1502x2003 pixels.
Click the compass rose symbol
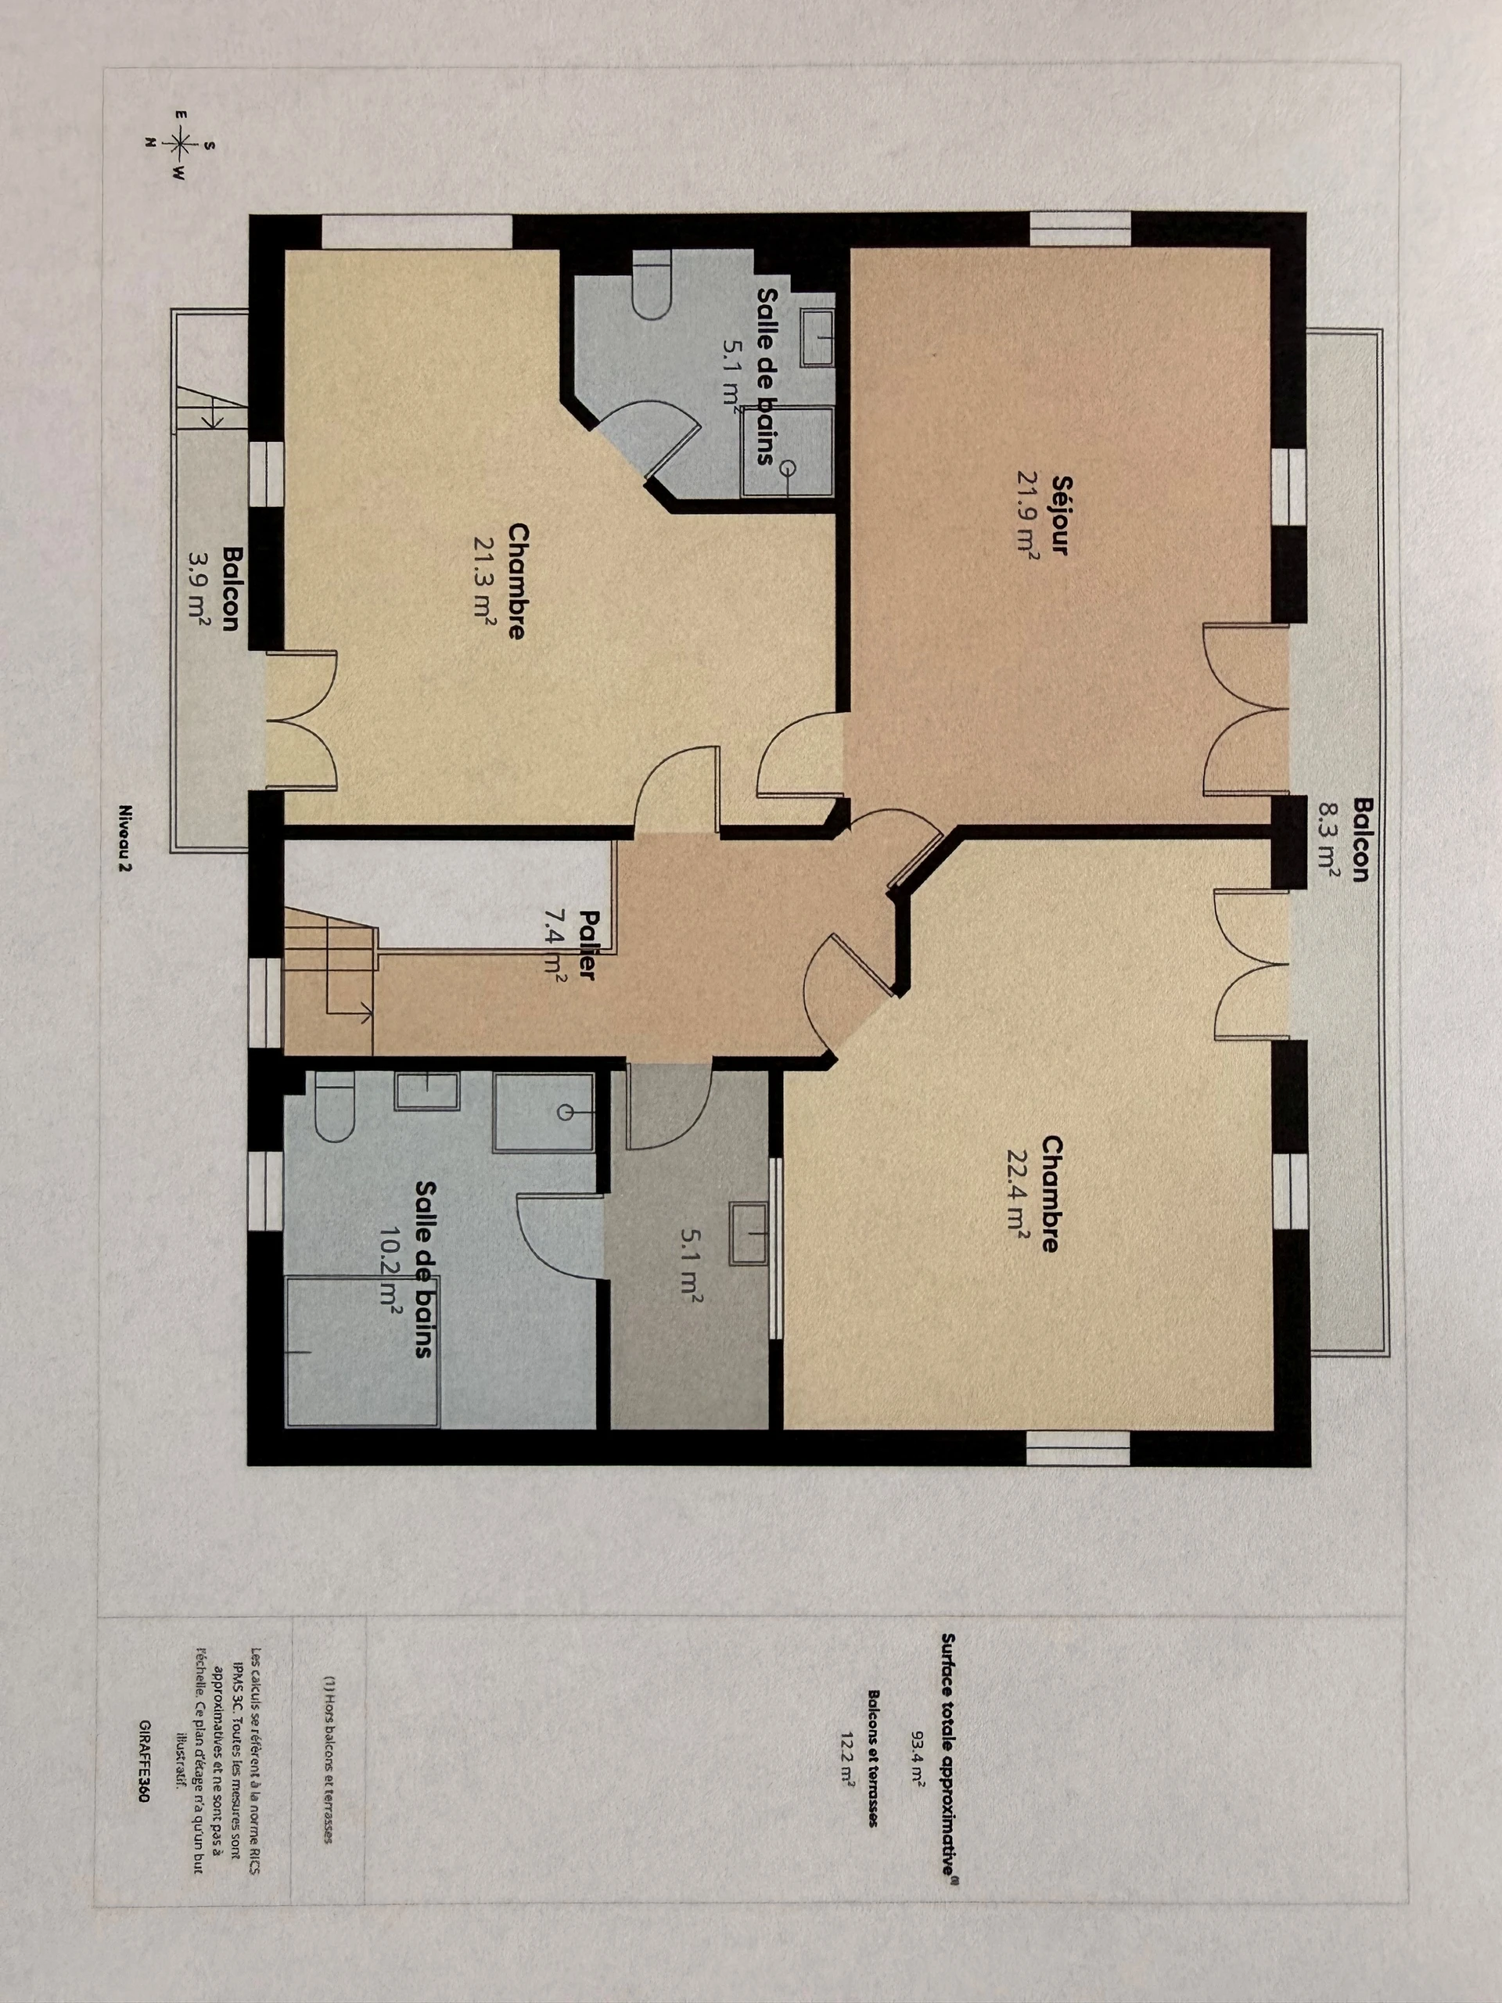(180, 143)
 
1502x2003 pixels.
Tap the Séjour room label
(1061, 513)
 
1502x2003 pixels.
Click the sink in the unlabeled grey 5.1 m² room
(749, 1232)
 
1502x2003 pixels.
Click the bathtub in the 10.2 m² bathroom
(363, 1353)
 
